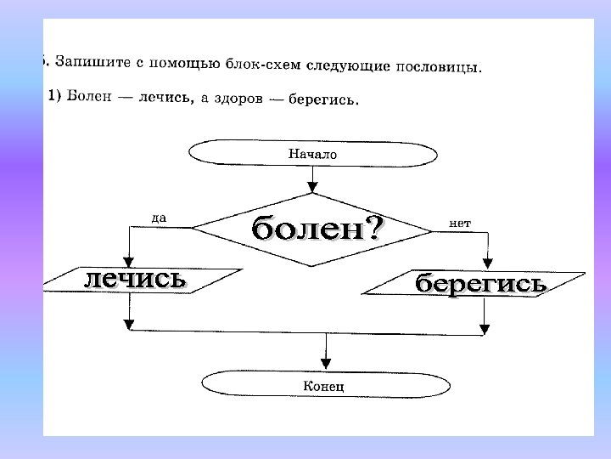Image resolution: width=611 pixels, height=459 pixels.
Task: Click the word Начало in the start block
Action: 312,155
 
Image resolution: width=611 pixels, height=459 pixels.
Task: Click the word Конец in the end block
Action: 323,386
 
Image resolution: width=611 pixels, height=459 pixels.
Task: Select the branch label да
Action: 159,218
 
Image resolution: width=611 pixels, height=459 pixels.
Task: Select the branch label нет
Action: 460,223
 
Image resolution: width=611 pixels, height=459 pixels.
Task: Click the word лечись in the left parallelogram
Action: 133,278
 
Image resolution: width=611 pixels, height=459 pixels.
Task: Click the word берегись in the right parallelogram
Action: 479,283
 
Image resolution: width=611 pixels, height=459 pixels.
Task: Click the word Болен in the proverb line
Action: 90,95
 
